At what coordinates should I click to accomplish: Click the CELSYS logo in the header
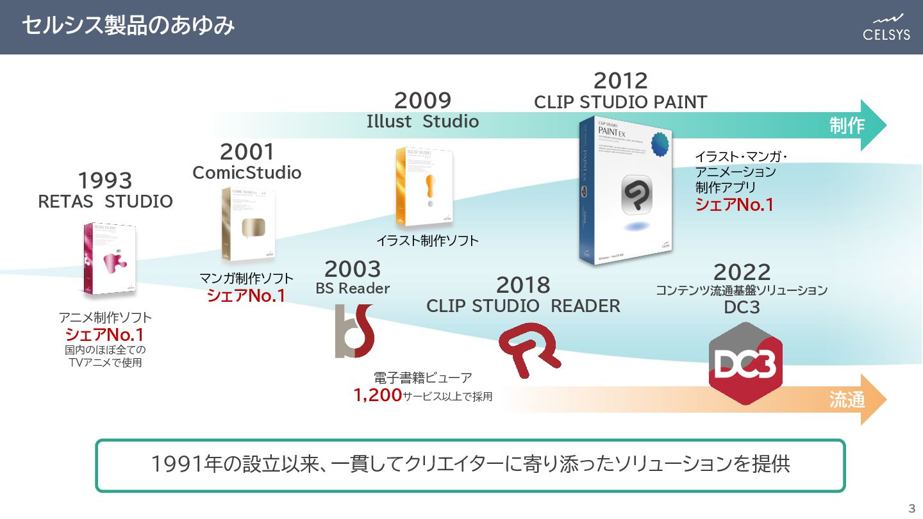pos(886,27)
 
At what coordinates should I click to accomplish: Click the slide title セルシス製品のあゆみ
pos(128,26)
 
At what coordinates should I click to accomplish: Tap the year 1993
pos(105,181)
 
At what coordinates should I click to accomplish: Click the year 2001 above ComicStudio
pos(247,152)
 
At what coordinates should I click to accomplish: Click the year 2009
pos(422,101)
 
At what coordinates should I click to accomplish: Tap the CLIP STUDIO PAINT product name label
pos(620,102)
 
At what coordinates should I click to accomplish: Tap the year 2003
pos(352,269)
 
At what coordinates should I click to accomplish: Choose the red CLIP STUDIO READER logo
pos(529,347)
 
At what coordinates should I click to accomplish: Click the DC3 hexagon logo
pos(745,363)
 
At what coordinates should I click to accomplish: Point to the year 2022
pos(742,272)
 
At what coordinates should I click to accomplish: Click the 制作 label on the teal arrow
pos(847,126)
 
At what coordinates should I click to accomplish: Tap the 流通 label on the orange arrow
pos(847,400)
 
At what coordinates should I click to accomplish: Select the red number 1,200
pos(378,395)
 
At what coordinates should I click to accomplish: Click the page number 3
pos(912,509)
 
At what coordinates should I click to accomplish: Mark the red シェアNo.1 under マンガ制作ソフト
pos(246,296)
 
